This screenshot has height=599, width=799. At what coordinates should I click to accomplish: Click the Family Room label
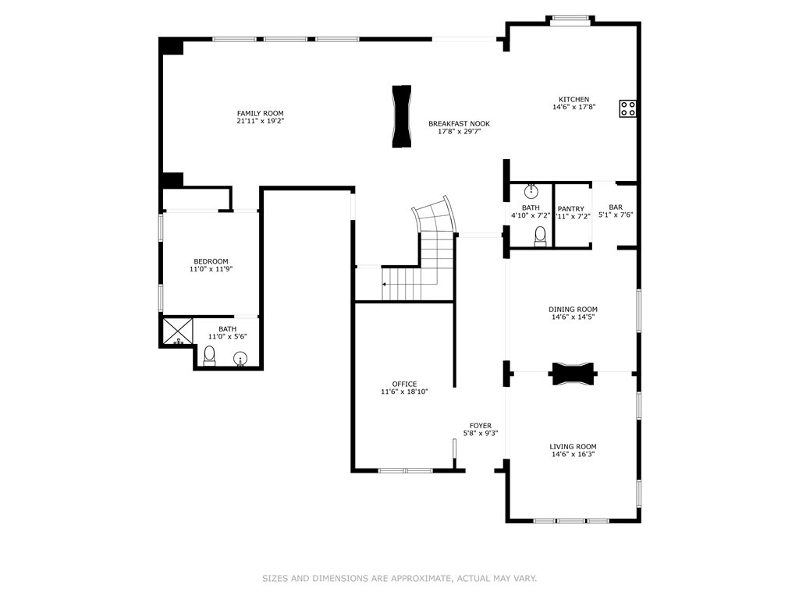click(x=260, y=113)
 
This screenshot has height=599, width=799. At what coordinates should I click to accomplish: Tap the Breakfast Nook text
click(x=459, y=123)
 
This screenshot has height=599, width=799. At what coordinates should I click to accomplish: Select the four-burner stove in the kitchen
click(x=628, y=108)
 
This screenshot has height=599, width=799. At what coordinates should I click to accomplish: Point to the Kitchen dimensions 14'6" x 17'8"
click(x=574, y=108)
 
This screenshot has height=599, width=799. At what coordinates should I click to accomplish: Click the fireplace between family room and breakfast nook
click(x=401, y=116)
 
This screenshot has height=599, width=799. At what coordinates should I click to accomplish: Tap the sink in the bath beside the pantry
click(x=531, y=190)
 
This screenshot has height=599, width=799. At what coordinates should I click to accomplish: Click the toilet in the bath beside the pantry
click(x=540, y=236)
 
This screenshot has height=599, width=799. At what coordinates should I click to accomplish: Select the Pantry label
click(x=571, y=208)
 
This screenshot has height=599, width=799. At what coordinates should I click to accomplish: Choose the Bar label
click(x=616, y=207)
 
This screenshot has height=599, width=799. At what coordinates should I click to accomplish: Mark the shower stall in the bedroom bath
click(x=177, y=331)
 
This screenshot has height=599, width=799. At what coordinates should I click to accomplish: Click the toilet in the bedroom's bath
click(x=208, y=356)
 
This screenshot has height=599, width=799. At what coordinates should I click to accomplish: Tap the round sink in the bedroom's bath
click(x=241, y=358)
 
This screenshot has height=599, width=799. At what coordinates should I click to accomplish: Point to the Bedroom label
click(x=211, y=261)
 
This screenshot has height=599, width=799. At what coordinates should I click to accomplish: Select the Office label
click(x=404, y=384)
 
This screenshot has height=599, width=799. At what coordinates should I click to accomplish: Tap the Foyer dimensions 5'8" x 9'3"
click(x=481, y=434)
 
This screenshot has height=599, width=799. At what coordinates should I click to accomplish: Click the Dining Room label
click(x=574, y=310)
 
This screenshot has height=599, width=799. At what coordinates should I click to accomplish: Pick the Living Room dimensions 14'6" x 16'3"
click(x=574, y=454)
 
